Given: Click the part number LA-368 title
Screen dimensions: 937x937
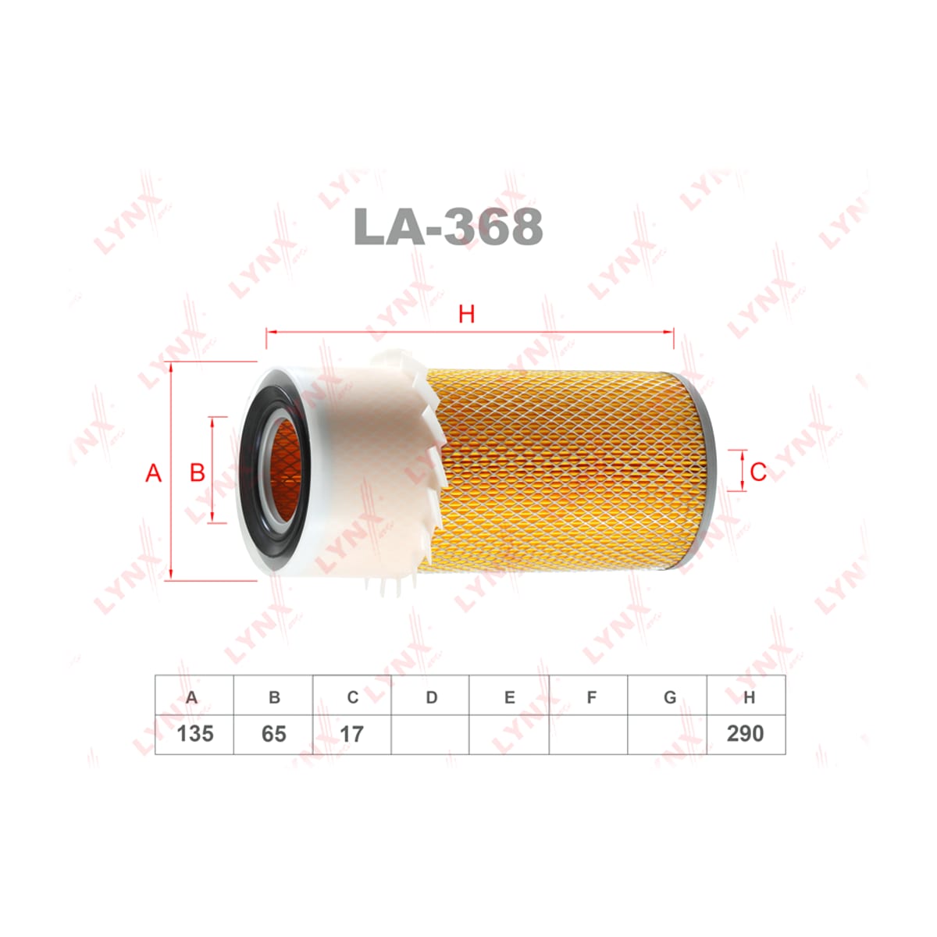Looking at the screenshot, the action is coord(448,226).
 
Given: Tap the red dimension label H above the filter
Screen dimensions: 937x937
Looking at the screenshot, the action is coord(466,315).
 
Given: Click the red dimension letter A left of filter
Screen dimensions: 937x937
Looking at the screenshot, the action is coord(154,472).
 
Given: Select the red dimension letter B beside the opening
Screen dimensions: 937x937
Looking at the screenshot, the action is coord(198,472).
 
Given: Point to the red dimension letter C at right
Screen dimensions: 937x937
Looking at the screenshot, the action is coord(758,472).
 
